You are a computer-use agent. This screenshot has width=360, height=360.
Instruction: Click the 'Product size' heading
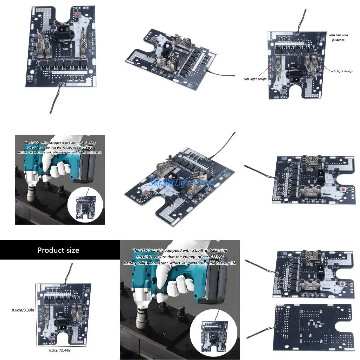click(58, 250)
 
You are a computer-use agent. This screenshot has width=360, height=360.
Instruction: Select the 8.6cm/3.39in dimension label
click(19, 310)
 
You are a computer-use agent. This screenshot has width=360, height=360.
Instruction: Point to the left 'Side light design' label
click(255, 79)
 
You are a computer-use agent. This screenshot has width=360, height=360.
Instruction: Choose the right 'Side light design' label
click(342, 71)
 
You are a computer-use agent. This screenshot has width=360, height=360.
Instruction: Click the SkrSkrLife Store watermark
click(181, 183)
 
